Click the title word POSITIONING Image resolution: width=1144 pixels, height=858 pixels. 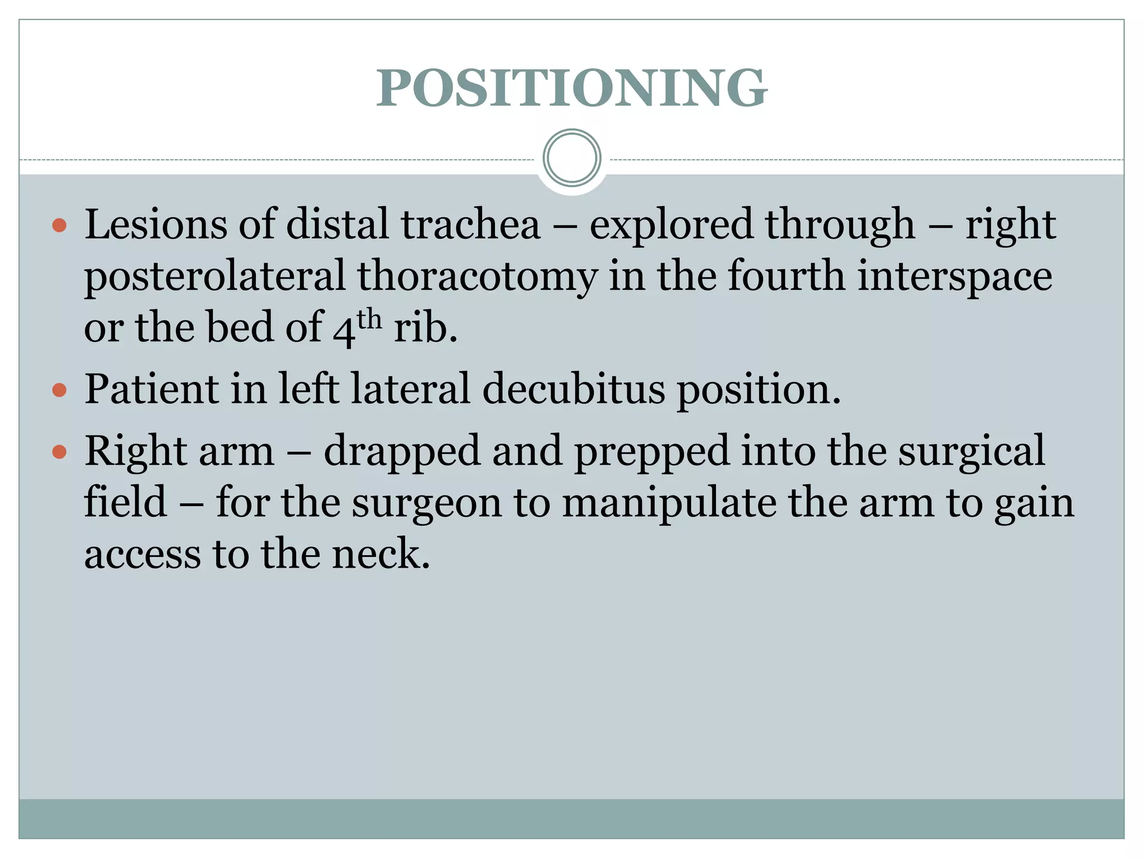tap(571, 88)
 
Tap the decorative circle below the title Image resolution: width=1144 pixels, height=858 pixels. tap(571, 158)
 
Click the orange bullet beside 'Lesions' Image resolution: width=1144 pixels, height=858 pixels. tap(59, 226)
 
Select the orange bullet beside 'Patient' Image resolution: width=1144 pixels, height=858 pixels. tap(59, 389)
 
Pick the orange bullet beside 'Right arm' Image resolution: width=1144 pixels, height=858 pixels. tap(59, 451)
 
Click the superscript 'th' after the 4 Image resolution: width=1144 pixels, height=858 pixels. tap(369, 320)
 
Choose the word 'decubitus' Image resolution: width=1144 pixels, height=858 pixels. tap(574, 389)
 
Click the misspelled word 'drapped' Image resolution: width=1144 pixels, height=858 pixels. tap(402, 451)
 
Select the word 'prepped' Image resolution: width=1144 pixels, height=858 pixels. tap(652, 451)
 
